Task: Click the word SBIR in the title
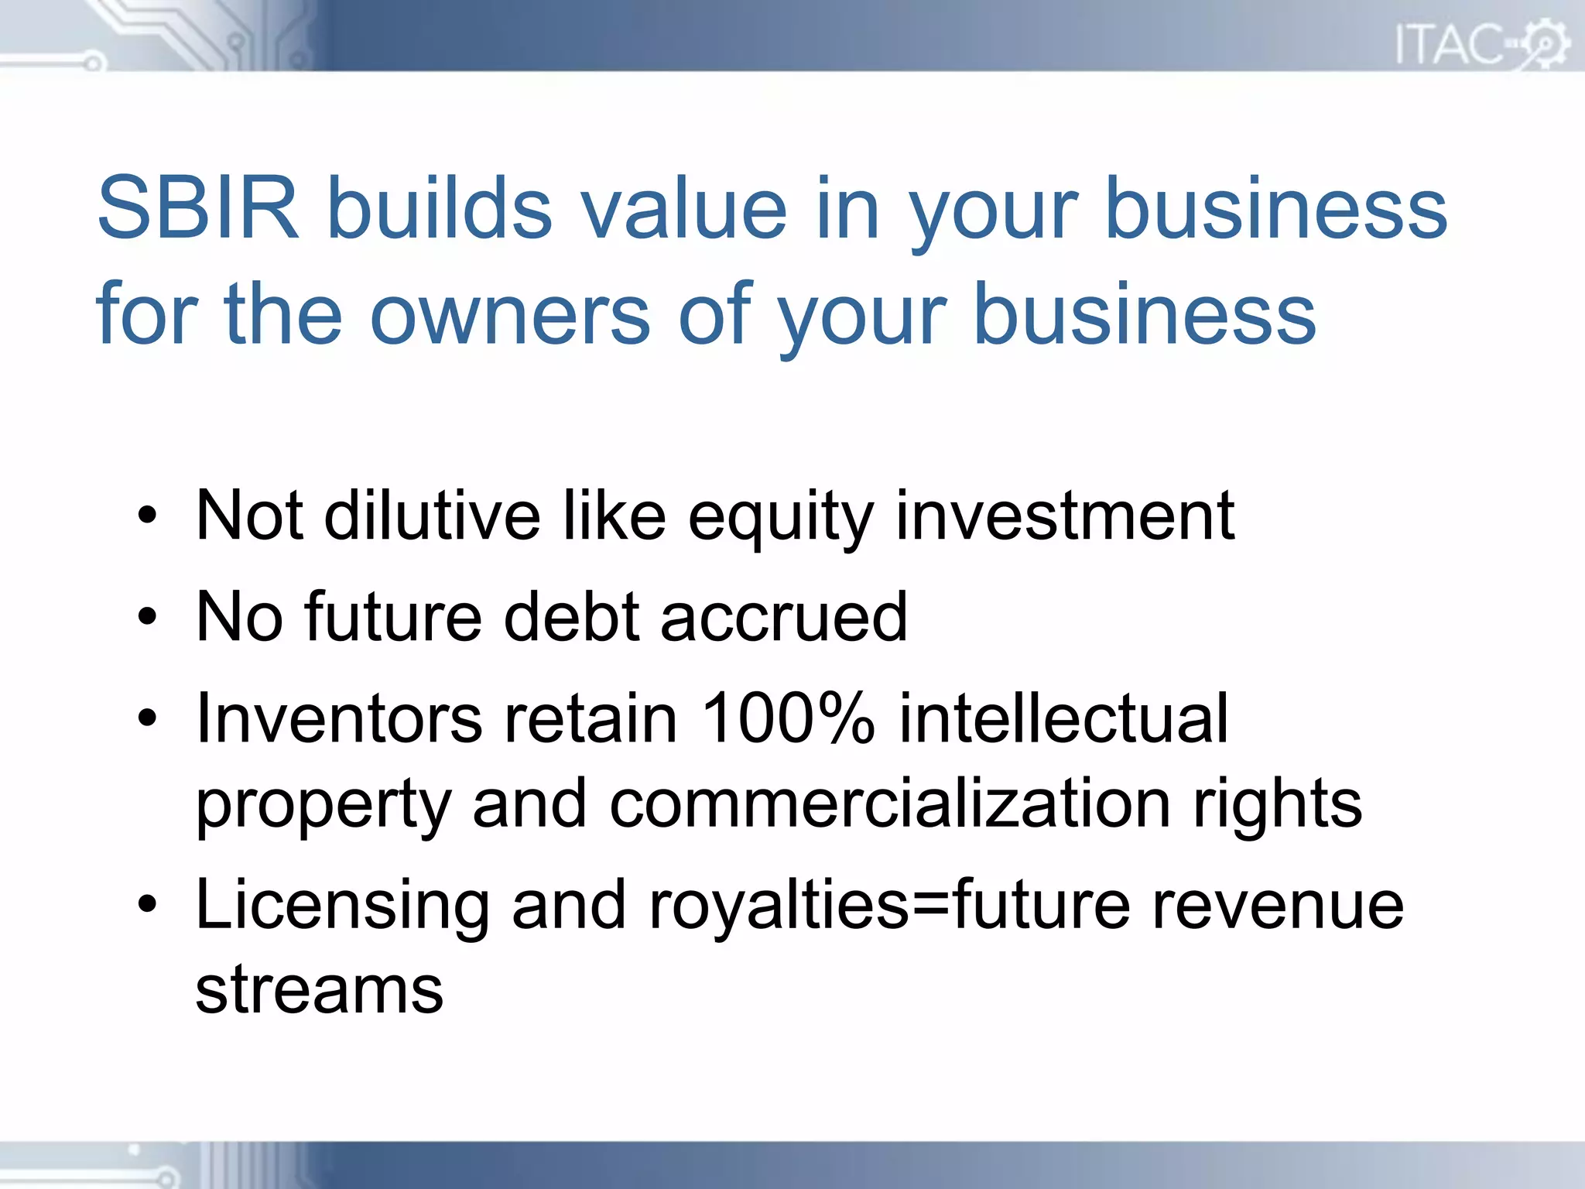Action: point(198,208)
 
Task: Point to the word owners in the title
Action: point(510,314)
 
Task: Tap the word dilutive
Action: point(432,516)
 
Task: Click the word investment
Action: point(1065,516)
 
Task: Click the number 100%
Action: point(788,718)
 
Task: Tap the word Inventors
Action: point(339,718)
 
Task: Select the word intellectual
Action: point(1063,718)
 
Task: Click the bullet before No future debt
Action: point(147,617)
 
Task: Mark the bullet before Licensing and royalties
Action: point(147,903)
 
